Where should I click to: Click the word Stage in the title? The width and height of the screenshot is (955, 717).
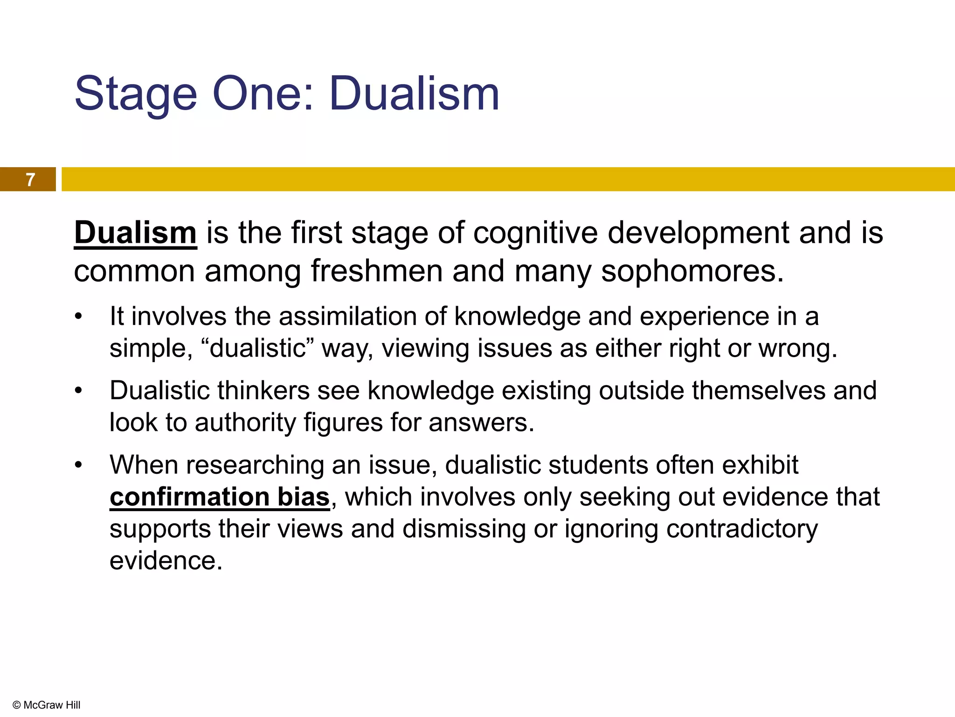coord(136,95)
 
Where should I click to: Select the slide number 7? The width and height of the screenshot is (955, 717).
coord(30,180)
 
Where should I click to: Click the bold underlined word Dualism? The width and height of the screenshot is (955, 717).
coord(135,232)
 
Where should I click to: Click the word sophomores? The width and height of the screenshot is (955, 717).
coord(692,271)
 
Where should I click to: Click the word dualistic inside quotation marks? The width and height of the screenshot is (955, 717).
coord(257,348)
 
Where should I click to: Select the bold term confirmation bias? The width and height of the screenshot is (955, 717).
coord(220,497)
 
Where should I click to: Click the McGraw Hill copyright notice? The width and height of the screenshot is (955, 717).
coord(47,705)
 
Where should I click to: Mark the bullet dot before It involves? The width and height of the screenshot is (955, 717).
coord(78,317)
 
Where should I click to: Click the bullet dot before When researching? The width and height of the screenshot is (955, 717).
coord(78,465)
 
